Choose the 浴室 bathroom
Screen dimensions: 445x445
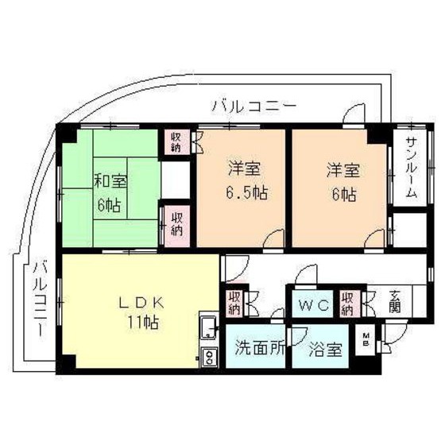[x=326, y=348]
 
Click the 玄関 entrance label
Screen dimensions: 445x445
[x=395, y=304]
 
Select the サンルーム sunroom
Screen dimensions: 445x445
[x=412, y=168]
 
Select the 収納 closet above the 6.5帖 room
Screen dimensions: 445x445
[x=175, y=141]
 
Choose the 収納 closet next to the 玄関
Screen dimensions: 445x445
[x=348, y=303]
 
